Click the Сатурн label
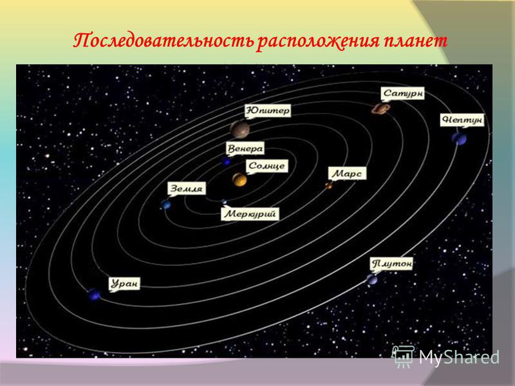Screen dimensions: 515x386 403,93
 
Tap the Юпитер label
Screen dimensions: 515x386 268,111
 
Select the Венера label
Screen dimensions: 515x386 245,149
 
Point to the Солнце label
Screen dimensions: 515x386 267,165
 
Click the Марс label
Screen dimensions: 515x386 348,173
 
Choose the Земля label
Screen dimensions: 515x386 187,188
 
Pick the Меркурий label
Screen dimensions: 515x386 250,214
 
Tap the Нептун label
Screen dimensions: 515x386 462,120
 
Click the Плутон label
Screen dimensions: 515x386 391,264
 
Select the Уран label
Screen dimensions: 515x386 124,284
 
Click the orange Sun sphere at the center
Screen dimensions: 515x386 239,179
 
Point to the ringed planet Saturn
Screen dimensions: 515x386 380,109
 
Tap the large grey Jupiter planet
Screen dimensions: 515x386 239,129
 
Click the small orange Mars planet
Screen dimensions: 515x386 328,186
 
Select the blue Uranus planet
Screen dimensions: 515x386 94,295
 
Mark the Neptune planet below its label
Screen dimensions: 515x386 459,138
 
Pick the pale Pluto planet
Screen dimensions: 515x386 372,280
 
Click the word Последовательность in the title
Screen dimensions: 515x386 164,41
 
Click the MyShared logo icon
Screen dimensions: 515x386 402,356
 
